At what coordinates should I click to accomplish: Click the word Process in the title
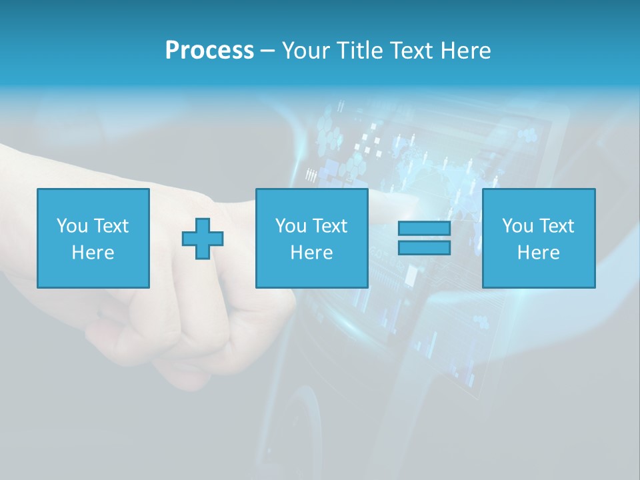[209, 51]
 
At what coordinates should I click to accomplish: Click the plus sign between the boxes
[203, 239]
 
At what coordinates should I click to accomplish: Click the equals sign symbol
[424, 238]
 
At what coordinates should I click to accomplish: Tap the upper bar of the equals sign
[424, 229]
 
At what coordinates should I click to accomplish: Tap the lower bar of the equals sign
[424, 248]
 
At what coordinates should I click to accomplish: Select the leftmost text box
[93, 238]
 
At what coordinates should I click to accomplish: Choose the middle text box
[311, 238]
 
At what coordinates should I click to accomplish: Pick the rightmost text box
[539, 238]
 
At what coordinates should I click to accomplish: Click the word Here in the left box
[93, 253]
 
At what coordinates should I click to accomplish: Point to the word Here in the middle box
[311, 253]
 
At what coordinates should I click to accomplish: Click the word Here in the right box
[539, 253]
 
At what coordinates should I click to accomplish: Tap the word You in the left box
[72, 226]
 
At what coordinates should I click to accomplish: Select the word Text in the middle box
[330, 226]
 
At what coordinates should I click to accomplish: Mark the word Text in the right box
[557, 226]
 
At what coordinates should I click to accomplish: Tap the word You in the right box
[517, 226]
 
